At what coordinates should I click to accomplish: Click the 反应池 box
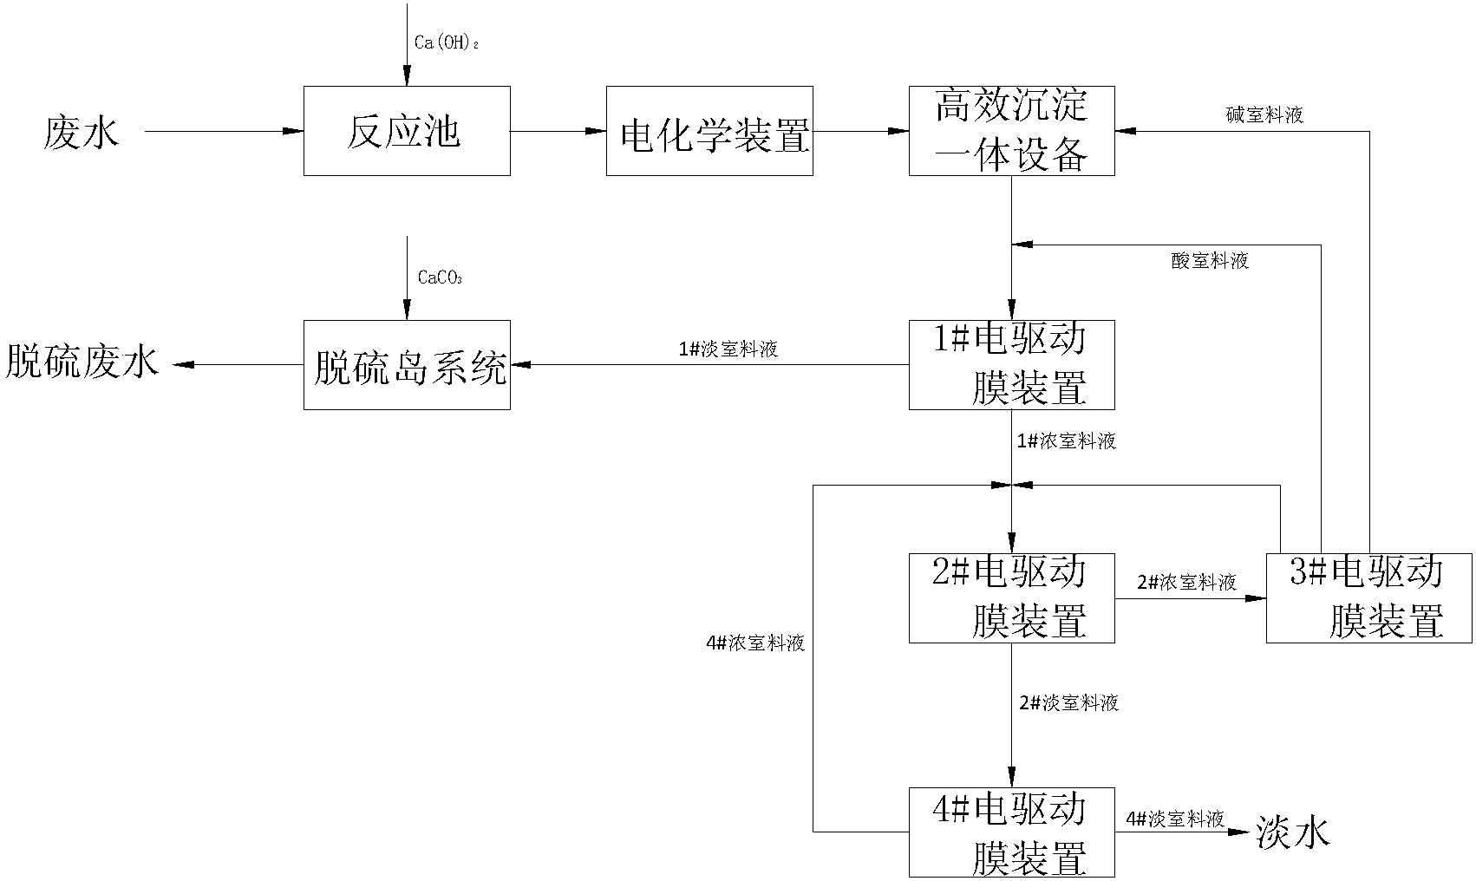pyautogui.click(x=407, y=131)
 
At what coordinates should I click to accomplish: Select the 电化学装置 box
pyautogui.click(x=709, y=131)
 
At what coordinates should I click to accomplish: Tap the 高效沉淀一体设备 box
pyautogui.click(x=1011, y=131)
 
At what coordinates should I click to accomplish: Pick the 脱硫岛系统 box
pyautogui.click(x=407, y=365)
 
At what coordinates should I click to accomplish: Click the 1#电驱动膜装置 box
pyautogui.click(x=1011, y=365)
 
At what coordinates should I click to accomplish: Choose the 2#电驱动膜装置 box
pyautogui.click(x=1011, y=598)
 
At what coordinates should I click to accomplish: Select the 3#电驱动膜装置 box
pyautogui.click(x=1368, y=598)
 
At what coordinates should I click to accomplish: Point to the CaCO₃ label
pyautogui.click(x=440, y=278)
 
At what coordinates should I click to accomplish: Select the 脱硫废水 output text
pyautogui.click(x=83, y=362)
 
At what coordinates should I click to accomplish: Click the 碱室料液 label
pyautogui.click(x=1264, y=114)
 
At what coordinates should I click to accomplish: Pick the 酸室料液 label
pyautogui.click(x=1210, y=261)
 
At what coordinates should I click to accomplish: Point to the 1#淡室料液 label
pyautogui.click(x=728, y=349)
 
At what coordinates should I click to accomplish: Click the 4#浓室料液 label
pyautogui.click(x=755, y=643)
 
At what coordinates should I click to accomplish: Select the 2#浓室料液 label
pyautogui.click(x=1186, y=583)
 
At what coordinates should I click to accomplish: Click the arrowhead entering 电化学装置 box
pyautogui.click(x=597, y=132)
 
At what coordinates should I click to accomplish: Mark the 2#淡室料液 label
pyautogui.click(x=1068, y=703)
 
